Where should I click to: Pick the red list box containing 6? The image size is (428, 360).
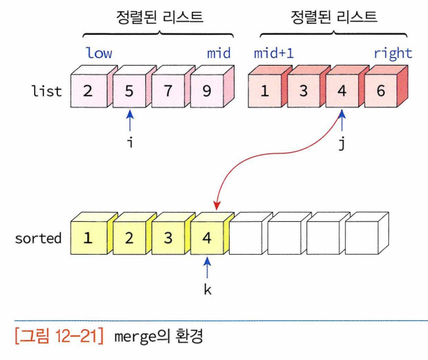coord(381,90)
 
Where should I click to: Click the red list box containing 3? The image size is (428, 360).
coord(303,90)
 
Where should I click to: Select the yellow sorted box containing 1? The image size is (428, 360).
coord(89,237)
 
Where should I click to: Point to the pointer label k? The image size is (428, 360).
coord(207,289)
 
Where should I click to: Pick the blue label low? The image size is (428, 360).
coord(99,52)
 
